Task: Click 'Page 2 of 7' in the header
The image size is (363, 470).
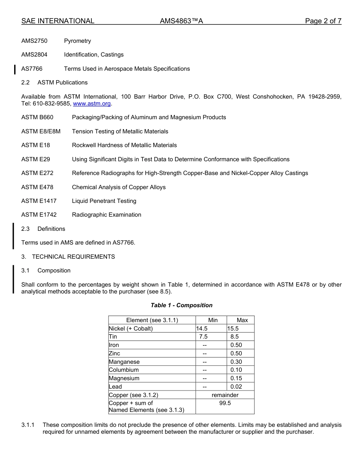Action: pos(323,21)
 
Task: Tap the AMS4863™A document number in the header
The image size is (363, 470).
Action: pos(181,21)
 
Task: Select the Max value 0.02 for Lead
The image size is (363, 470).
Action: pos(236,387)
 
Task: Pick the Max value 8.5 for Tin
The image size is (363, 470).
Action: pos(234,337)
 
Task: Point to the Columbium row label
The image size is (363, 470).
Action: pos(124,370)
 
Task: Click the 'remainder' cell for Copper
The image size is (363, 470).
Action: pos(225,395)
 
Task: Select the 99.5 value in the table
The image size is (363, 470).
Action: pos(225,403)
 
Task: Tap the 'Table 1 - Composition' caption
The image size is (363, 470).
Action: pos(181,305)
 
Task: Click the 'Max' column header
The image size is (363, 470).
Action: pos(242,320)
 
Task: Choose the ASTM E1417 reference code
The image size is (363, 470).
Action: pos(39,201)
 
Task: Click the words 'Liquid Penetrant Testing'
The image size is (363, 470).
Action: pos(104,201)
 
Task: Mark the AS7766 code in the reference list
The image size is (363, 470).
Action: pos(32,69)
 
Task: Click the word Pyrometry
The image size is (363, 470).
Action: pos(78,41)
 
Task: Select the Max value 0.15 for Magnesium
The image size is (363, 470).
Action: pos(236,378)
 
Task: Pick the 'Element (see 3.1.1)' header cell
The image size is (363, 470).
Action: pos(152,320)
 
